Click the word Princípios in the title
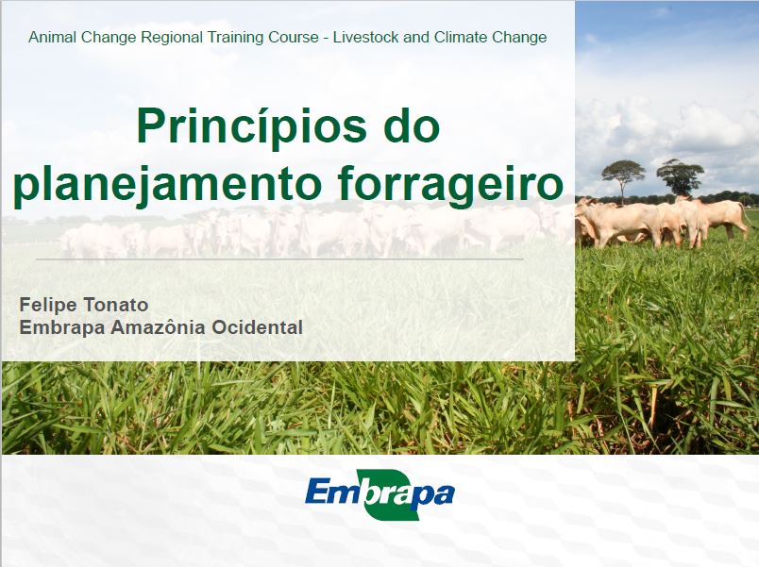tap(251, 127)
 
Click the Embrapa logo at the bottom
tap(380, 494)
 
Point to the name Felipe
tap(47, 306)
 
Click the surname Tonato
tap(116, 306)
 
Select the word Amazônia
tap(159, 327)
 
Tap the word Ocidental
tap(258, 327)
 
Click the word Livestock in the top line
tap(365, 37)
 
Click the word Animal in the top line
tap(52, 37)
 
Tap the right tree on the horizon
tap(680, 176)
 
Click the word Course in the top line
tap(294, 37)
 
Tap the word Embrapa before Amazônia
tap(62, 327)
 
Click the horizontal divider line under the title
tap(279, 259)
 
